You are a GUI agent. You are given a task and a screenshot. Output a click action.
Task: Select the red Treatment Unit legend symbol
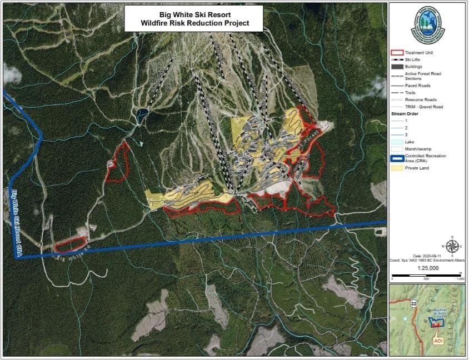397,52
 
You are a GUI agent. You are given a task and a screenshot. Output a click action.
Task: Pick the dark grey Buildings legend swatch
397,66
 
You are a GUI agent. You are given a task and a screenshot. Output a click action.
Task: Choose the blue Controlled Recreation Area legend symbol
397,158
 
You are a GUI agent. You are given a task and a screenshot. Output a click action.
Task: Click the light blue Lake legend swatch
397,142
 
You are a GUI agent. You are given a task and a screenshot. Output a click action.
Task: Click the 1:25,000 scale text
427,268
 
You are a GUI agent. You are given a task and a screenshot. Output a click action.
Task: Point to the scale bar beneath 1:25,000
427,276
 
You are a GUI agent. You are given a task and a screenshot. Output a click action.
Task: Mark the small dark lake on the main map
142,116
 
